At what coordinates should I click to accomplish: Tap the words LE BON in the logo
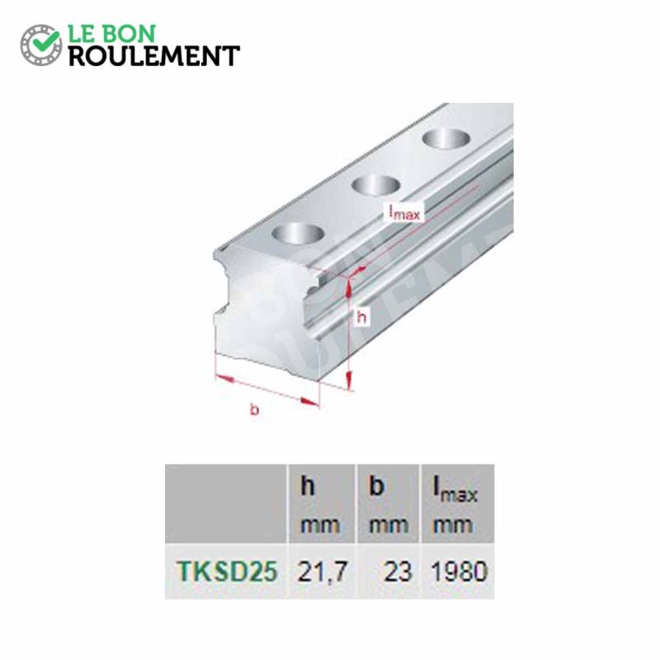[115, 33]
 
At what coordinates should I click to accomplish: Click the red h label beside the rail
[360, 316]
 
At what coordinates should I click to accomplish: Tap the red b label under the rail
[254, 410]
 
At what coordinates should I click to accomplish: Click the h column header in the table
[308, 488]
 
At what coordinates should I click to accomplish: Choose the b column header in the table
[377, 488]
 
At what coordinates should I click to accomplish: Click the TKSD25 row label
[224, 571]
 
